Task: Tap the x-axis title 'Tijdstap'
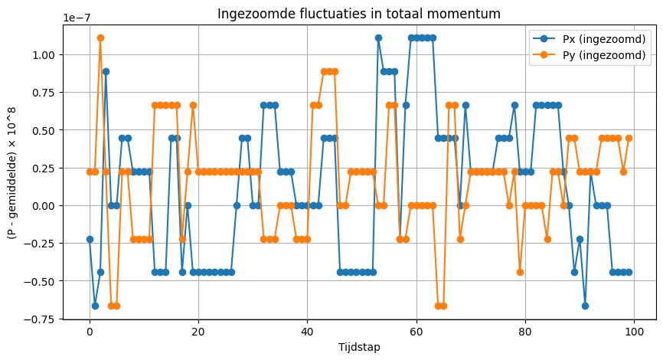point(359,347)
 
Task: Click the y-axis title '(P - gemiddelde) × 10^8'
point(13,172)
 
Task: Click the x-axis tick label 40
point(307,332)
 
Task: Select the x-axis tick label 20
point(198,332)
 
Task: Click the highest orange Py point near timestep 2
point(100,38)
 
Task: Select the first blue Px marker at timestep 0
point(90,239)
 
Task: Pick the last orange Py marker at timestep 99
point(629,138)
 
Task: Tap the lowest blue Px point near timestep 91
point(585,306)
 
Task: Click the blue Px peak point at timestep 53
point(378,38)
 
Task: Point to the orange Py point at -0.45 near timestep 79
point(520,272)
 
